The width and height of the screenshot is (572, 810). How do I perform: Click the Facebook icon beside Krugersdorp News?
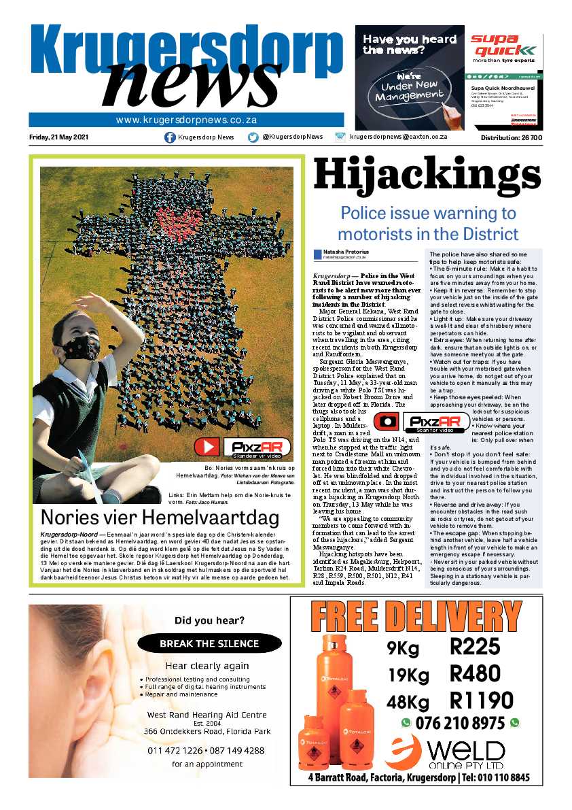coord(170,137)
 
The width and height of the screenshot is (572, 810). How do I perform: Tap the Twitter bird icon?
coord(253,137)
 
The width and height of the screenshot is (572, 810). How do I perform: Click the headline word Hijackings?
coord(426,175)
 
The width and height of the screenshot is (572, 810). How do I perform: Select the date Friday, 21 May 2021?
coord(58,137)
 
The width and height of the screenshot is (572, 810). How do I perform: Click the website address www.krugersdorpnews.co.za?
coord(185,120)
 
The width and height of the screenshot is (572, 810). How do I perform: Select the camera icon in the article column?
coord(387,422)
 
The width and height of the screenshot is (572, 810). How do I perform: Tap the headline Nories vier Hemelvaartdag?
coord(160,518)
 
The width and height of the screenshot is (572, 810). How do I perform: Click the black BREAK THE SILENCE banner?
coord(209,643)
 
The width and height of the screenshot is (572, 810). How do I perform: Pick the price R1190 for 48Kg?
coord(481,700)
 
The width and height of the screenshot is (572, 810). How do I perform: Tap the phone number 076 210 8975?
coord(460,722)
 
